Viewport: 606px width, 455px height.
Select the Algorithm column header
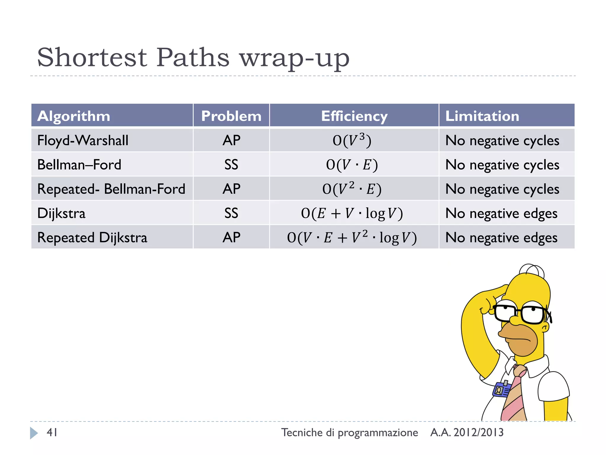tap(74, 116)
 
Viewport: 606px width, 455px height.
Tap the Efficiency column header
tap(354, 116)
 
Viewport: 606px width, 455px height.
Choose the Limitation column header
tap(482, 116)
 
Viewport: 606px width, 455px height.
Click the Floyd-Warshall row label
tap(83, 140)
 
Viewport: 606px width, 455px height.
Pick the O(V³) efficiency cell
tap(352, 140)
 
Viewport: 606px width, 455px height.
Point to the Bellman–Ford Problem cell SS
tap(231, 165)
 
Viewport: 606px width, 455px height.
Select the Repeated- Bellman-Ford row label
tap(111, 189)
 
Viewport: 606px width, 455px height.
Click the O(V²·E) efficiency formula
tap(352, 189)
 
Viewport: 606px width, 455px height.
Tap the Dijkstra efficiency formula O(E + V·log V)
tap(352, 213)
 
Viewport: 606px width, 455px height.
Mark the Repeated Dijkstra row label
tap(92, 238)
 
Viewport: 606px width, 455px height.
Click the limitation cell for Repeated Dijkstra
tap(501, 238)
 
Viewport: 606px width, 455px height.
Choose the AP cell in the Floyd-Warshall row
tap(231, 140)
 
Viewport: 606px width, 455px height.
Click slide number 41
tap(52, 432)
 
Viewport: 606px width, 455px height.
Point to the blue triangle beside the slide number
tap(34, 433)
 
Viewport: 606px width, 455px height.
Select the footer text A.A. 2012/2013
tap(467, 432)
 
